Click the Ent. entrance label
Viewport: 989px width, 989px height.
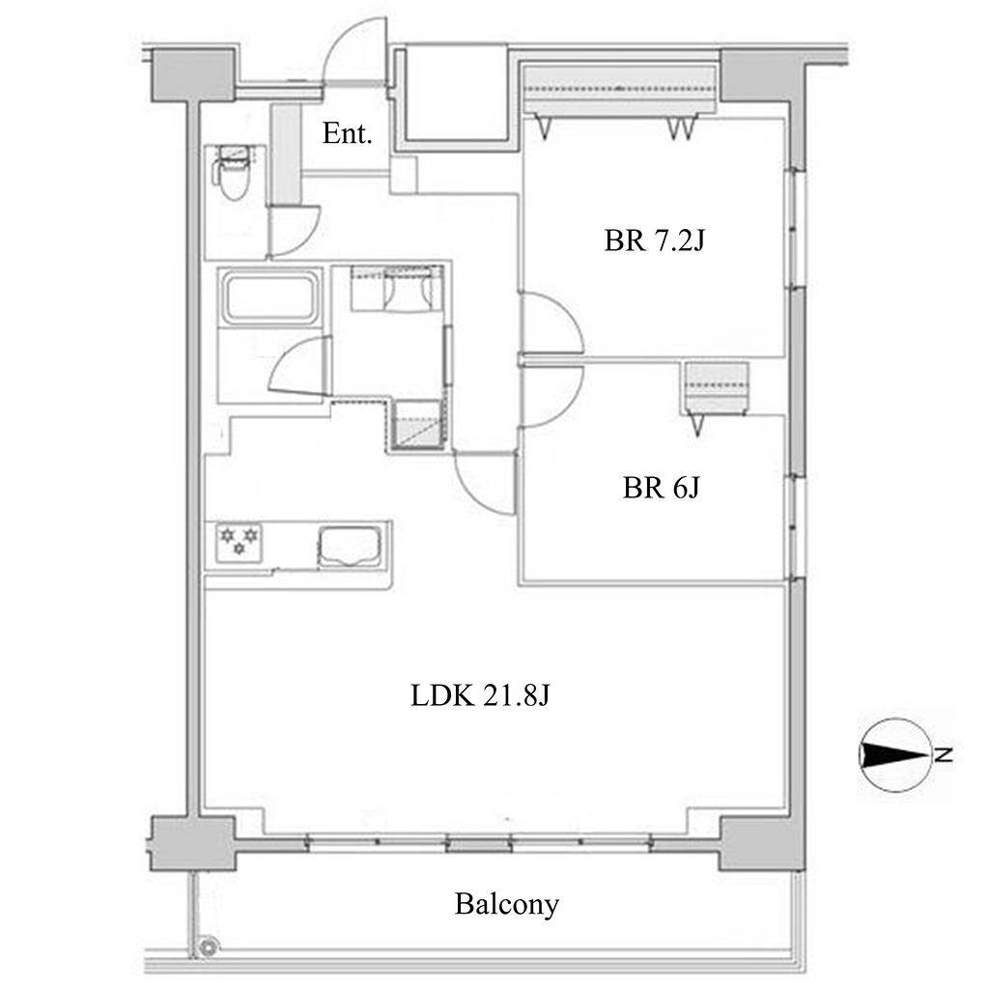click(x=347, y=133)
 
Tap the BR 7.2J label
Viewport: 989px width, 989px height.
click(x=654, y=240)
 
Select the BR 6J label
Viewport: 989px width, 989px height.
click(x=661, y=488)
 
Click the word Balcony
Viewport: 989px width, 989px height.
click(x=506, y=905)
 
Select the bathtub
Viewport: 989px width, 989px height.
click(x=269, y=297)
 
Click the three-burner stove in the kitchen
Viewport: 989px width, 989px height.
click(x=240, y=542)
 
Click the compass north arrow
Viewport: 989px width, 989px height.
click(x=895, y=754)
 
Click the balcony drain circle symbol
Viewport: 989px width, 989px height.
click(x=208, y=947)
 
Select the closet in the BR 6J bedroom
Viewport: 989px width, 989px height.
click(x=716, y=388)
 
